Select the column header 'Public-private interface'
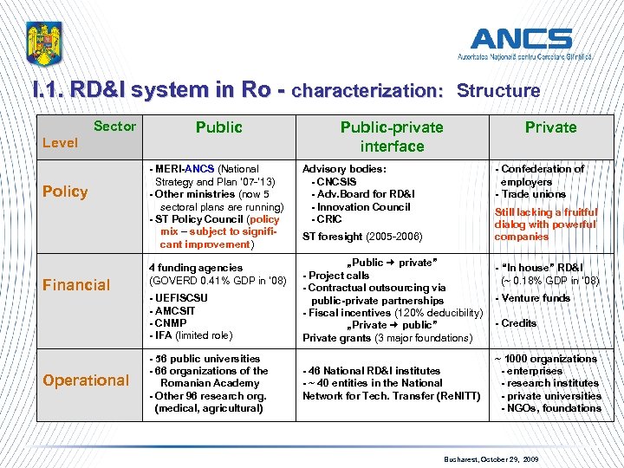pyautogui.click(x=392, y=137)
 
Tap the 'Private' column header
pyautogui.click(x=550, y=127)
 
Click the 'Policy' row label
pyautogui.click(x=65, y=192)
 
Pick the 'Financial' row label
pyautogui.click(x=77, y=284)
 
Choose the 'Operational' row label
pyautogui.click(x=86, y=380)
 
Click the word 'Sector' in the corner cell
pyautogui.click(x=114, y=127)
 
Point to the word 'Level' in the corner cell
pyautogui.click(x=60, y=143)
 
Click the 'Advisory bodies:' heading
pyautogui.click(x=343, y=169)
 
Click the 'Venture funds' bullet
pyautogui.click(x=534, y=298)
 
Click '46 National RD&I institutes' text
pyautogui.click(x=372, y=371)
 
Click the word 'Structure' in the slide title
pyautogui.click(x=498, y=91)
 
